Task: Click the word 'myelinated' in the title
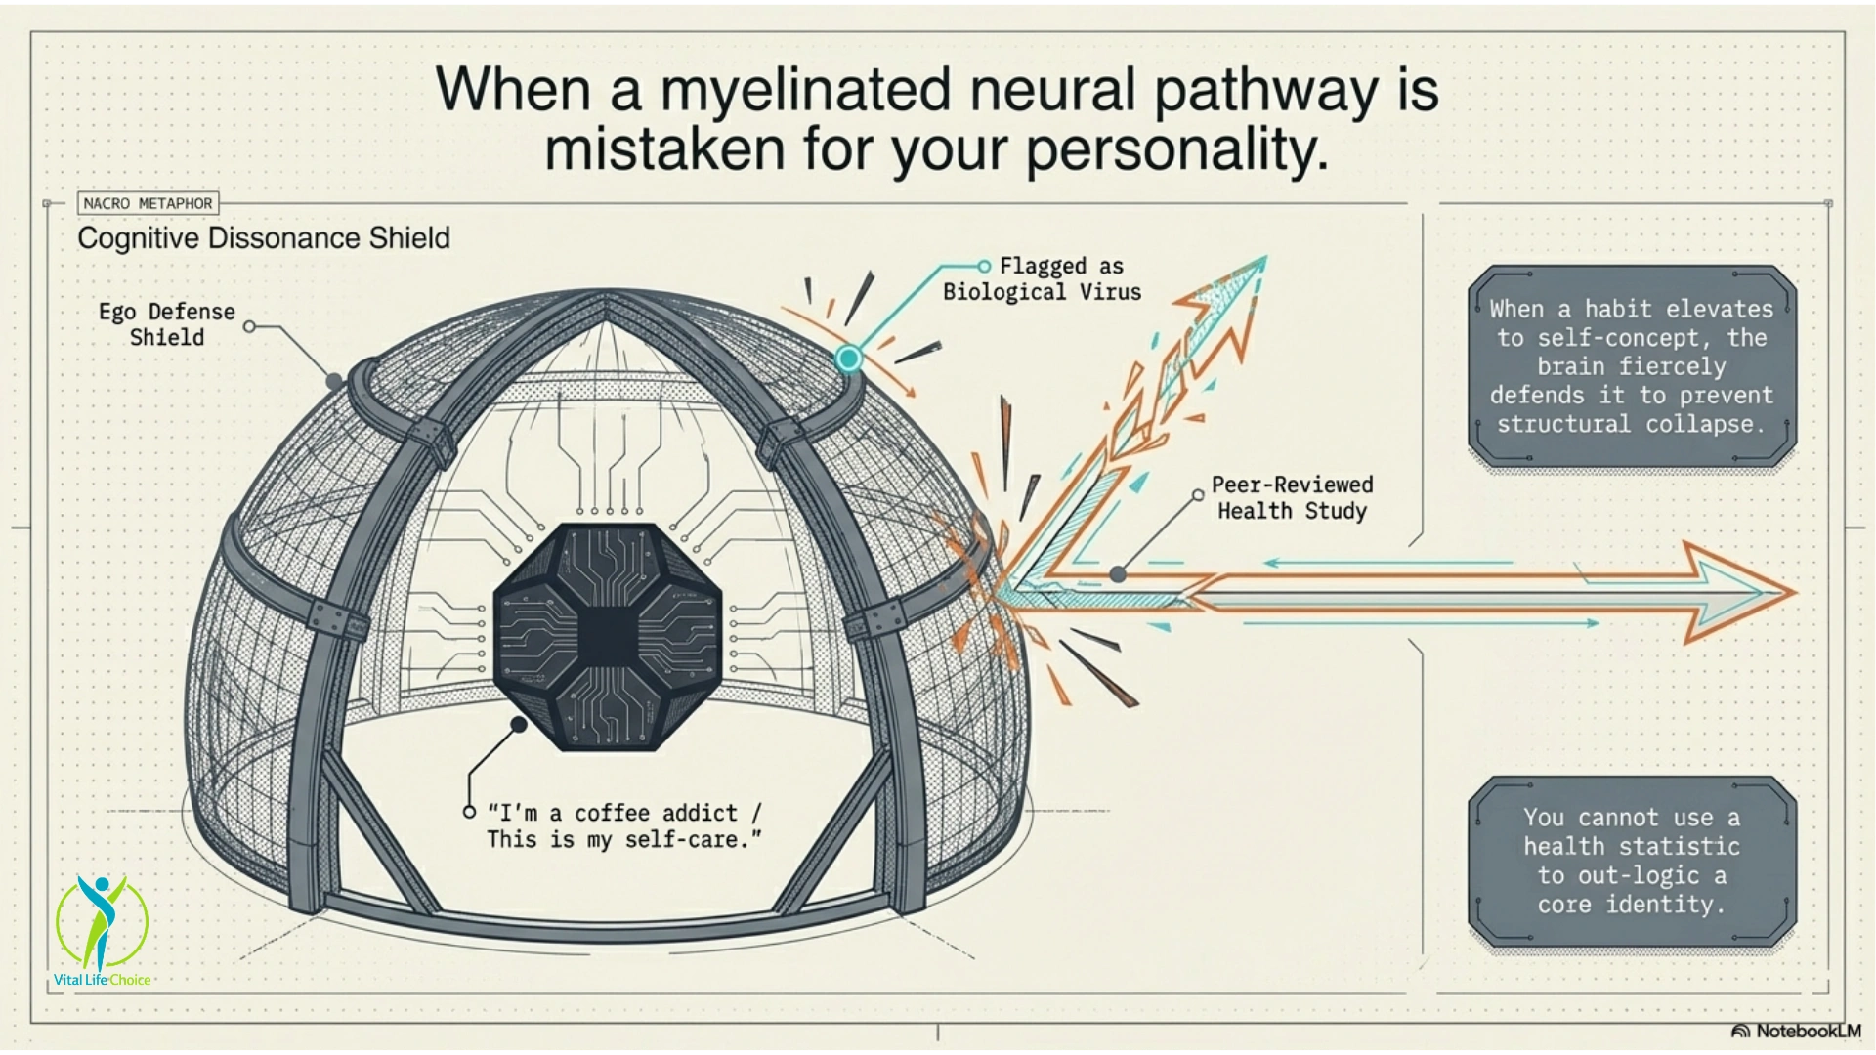805,90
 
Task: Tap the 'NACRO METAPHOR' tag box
148,203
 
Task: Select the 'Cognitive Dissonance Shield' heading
264,238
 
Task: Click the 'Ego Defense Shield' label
167,324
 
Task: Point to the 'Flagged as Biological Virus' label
1042,279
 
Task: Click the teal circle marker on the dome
848,359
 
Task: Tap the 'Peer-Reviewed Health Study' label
1292,497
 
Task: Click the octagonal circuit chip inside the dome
608,636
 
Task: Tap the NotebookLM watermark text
1808,1031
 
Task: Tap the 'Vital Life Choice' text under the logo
102,980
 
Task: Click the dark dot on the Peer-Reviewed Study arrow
1118,574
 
